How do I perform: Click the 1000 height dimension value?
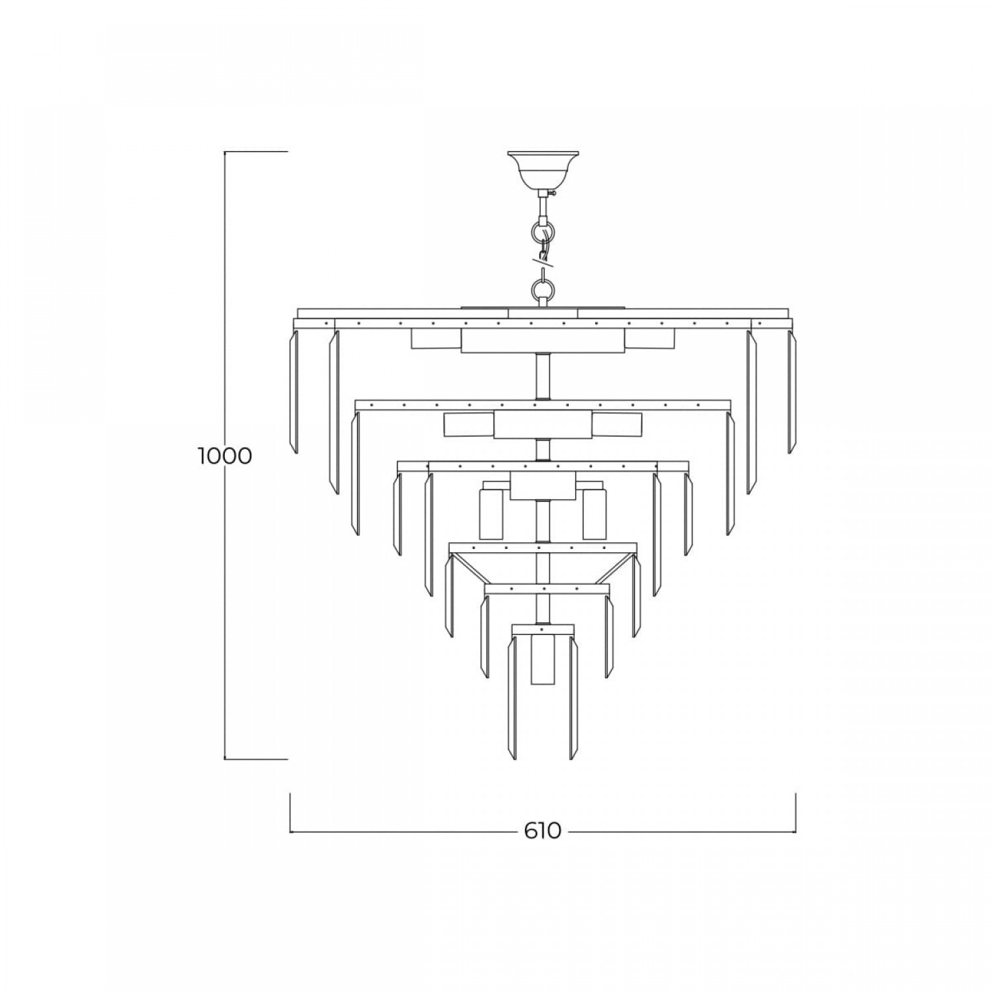click(x=225, y=456)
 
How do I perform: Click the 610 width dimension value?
click(x=542, y=831)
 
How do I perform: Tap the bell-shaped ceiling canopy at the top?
click(x=543, y=170)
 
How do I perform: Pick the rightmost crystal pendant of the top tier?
click(x=792, y=392)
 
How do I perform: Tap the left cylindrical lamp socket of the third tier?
click(x=491, y=510)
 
